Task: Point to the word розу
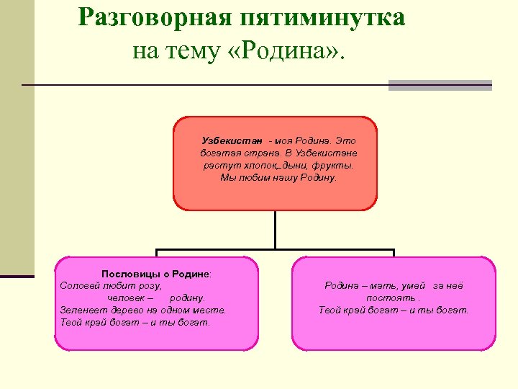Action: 149,286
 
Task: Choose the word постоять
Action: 391,298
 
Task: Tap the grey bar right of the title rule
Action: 440,85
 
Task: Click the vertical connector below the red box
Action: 275,231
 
